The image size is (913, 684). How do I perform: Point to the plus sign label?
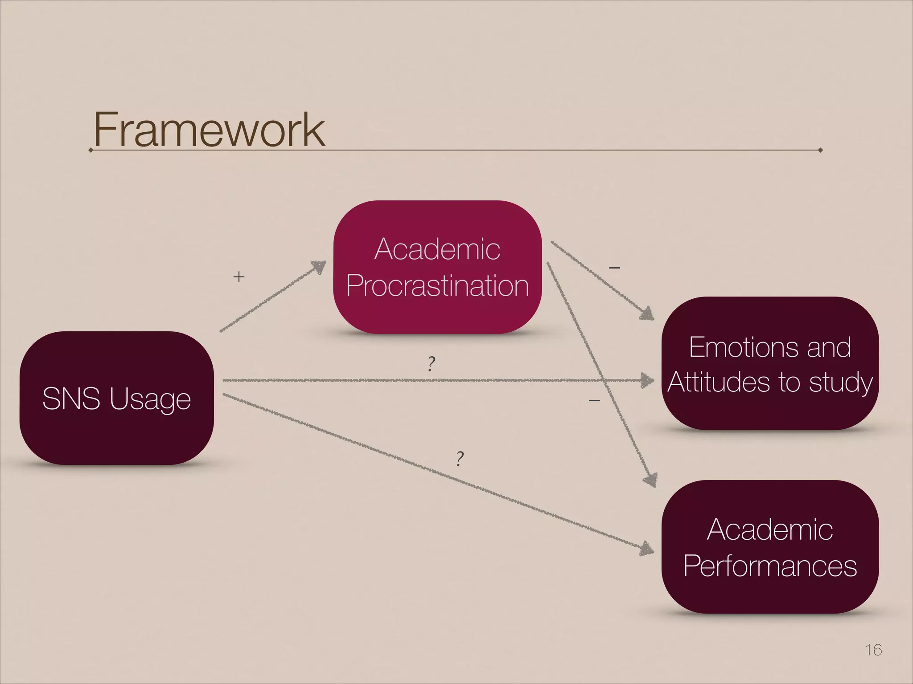[x=239, y=277]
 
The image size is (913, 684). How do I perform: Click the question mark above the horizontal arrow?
[x=431, y=364]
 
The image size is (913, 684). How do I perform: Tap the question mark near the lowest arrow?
[x=460, y=458]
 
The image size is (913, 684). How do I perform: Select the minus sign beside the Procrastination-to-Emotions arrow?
[x=614, y=268]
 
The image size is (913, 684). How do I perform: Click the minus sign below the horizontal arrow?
[x=594, y=401]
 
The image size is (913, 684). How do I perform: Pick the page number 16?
[x=873, y=650]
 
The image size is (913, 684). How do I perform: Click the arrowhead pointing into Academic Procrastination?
[x=319, y=267]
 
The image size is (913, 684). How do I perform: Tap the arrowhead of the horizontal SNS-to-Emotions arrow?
[x=647, y=381]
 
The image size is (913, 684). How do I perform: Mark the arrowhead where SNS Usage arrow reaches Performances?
[x=647, y=549]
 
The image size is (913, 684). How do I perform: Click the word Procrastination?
[x=437, y=286]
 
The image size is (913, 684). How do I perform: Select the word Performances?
[x=770, y=566]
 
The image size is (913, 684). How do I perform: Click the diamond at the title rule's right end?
[x=820, y=150]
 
